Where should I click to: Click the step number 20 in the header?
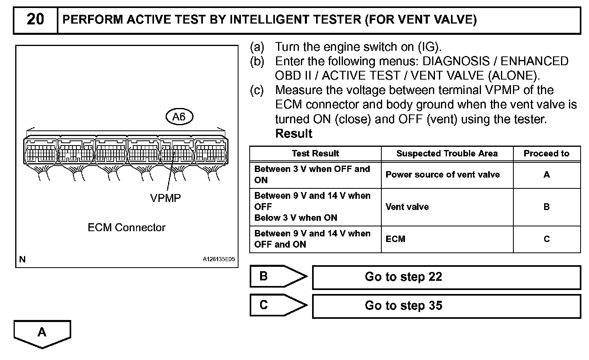tap(35, 19)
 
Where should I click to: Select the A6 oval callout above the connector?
tap(179, 117)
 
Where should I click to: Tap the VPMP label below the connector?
tap(165, 198)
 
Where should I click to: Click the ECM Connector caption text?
tap(126, 228)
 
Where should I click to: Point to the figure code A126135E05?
tap(219, 259)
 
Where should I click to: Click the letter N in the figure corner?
tap(22, 259)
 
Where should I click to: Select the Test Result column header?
tap(315, 154)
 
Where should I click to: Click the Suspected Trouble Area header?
tap(447, 154)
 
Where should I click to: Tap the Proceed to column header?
tap(546, 154)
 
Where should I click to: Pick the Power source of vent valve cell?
tap(443, 175)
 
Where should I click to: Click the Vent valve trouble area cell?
tap(407, 207)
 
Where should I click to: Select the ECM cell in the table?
tap(395, 239)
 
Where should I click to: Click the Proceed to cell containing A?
tap(546, 175)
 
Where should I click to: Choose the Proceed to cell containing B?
tap(546, 207)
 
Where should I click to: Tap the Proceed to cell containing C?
tap(546, 239)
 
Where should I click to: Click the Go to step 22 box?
tap(446, 277)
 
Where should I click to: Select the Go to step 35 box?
tap(446, 306)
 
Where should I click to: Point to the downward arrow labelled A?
tap(42, 333)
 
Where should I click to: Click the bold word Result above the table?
tap(294, 134)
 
